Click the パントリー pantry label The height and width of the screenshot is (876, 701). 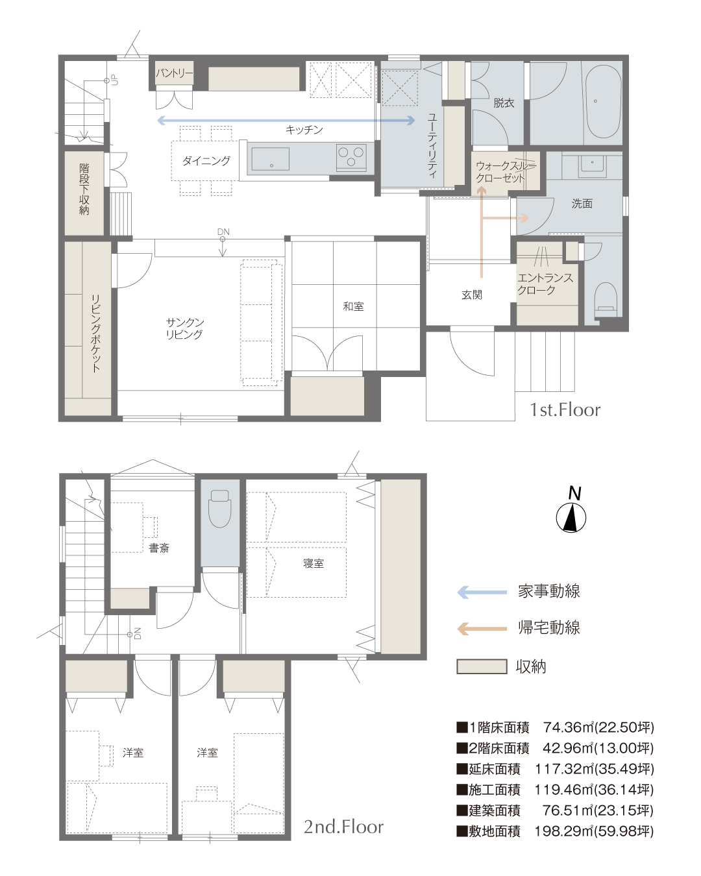pyautogui.click(x=174, y=73)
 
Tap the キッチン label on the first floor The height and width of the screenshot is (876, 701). pyautogui.click(x=304, y=130)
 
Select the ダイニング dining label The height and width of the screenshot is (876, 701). pyautogui.click(x=206, y=161)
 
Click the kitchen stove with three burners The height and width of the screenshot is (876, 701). pyautogui.click(x=350, y=158)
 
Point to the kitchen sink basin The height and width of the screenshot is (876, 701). pyautogui.click(x=271, y=159)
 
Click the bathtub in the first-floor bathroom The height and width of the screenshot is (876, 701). pyautogui.click(x=603, y=102)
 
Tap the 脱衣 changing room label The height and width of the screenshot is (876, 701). pyautogui.click(x=504, y=103)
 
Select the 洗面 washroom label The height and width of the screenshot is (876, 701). pyautogui.click(x=582, y=204)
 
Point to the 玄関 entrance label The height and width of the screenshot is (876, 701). pyautogui.click(x=472, y=295)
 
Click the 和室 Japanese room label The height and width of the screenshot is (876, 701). pyautogui.click(x=353, y=306)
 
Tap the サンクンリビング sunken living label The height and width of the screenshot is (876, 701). pyautogui.click(x=184, y=328)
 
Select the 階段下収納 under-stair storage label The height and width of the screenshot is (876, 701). pyautogui.click(x=84, y=189)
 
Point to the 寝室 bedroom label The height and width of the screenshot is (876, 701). pyautogui.click(x=314, y=563)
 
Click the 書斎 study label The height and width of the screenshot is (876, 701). pyautogui.click(x=159, y=548)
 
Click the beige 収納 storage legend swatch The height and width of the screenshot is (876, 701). pyautogui.click(x=482, y=667)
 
